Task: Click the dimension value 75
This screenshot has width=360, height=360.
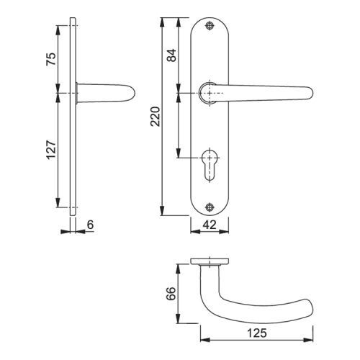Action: pos(51,59)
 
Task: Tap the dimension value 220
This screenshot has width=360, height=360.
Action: pos(156,117)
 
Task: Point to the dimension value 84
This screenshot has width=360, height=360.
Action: pos(171,55)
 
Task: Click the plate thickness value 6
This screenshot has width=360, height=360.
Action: pos(90,225)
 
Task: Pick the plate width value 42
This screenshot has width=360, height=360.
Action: pos(210,225)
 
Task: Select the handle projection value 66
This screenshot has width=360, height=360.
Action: pos(171,293)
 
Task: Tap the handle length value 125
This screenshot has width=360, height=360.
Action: pos(257,333)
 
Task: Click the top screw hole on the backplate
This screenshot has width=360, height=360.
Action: pos(210,26)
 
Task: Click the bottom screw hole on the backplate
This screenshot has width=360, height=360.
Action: pos(210,207)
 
